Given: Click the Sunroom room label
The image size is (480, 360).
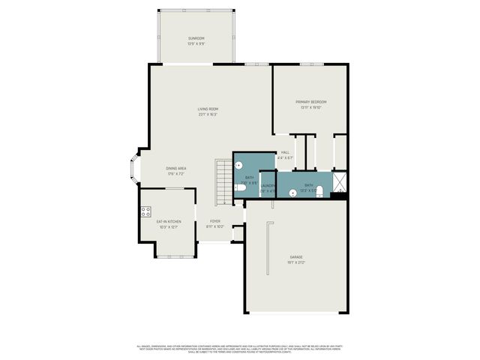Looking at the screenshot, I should tap(196, 38).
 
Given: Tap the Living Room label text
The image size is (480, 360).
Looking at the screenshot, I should tap(208, 109).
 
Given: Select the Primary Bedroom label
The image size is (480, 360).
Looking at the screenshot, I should tap(310, 102).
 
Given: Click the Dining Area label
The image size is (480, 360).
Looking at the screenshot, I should tap(175, 168).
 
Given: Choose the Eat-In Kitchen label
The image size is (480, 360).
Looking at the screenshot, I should tap(168, 222).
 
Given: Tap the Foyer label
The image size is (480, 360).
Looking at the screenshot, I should tap(215, 221).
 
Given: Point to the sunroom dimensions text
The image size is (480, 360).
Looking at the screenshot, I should tap(196, 43).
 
